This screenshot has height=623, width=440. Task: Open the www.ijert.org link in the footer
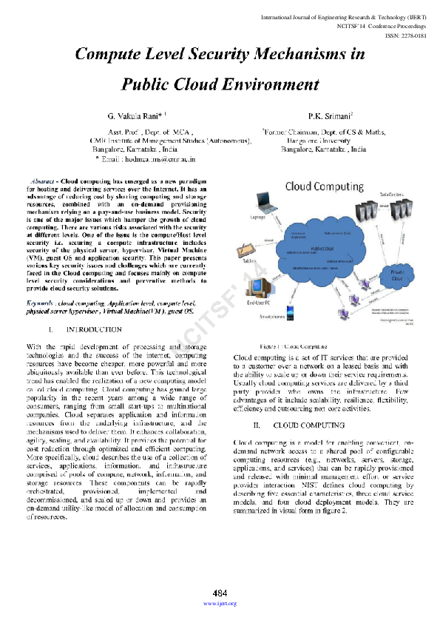[x=220, y=604]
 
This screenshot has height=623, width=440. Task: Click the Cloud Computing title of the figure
[x=323, y=186]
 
